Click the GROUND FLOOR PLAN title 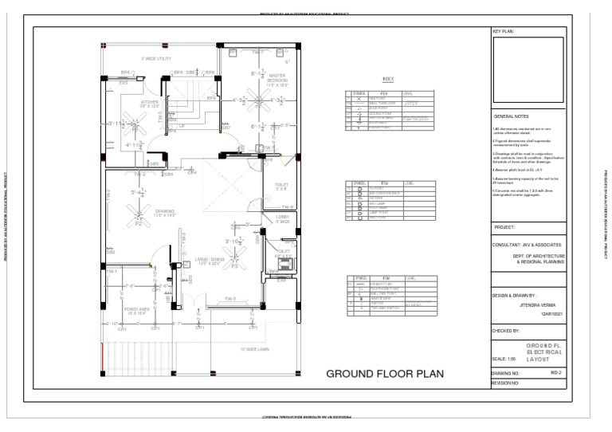click(386, 374)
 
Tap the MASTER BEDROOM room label click(277, 81)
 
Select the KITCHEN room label click(150, 104)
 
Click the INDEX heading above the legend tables click(388, 80)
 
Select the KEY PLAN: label click(504, 33)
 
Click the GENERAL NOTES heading click(512, 116)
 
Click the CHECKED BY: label click(507, 328)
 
